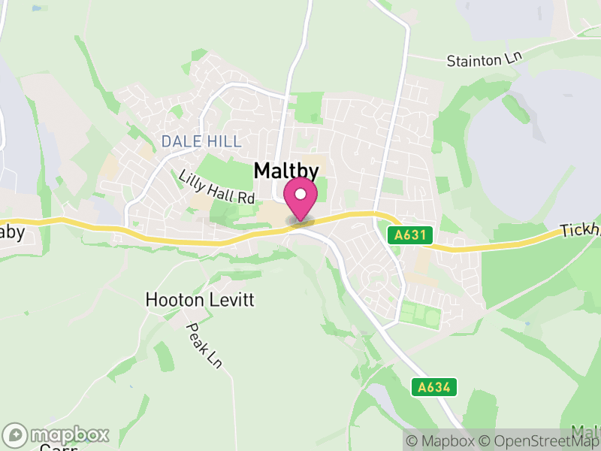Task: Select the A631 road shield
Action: [x=411, y=235]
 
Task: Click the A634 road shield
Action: [x=434, y=387]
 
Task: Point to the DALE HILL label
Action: [x=201, y=141]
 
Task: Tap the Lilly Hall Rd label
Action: [x=217, y=188]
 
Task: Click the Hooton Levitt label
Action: [x=200, y=300]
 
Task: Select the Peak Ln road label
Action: [x=204, y=345]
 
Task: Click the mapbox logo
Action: [x=57, y=434]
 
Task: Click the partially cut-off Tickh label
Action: [x=581, y=230]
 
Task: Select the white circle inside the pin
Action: [x=300, y=194]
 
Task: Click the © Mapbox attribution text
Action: [x=442, y=440]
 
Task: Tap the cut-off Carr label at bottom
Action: [x=53, y=448]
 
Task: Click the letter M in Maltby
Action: [x=263, y=171]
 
